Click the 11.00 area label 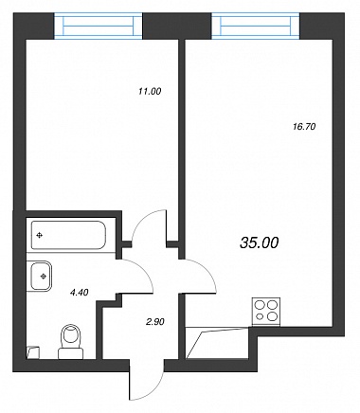tap(150, 92)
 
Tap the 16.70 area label tap(304, 127)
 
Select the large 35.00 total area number tap(260, 242)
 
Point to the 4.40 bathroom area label tap(79, 293)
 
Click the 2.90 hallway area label tap(154, 322)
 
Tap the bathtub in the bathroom tap(68, 235)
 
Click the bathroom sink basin tap(40, 276)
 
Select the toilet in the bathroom tap(70, 342)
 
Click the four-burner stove tap(266, 312)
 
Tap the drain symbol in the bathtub tap(40, 235)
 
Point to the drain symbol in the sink tap(44, 277)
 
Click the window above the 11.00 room tap(99, 26)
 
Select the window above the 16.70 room tap(256, 26)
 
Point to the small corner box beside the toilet tap(32, 352)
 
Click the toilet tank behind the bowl tap(70, 354)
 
